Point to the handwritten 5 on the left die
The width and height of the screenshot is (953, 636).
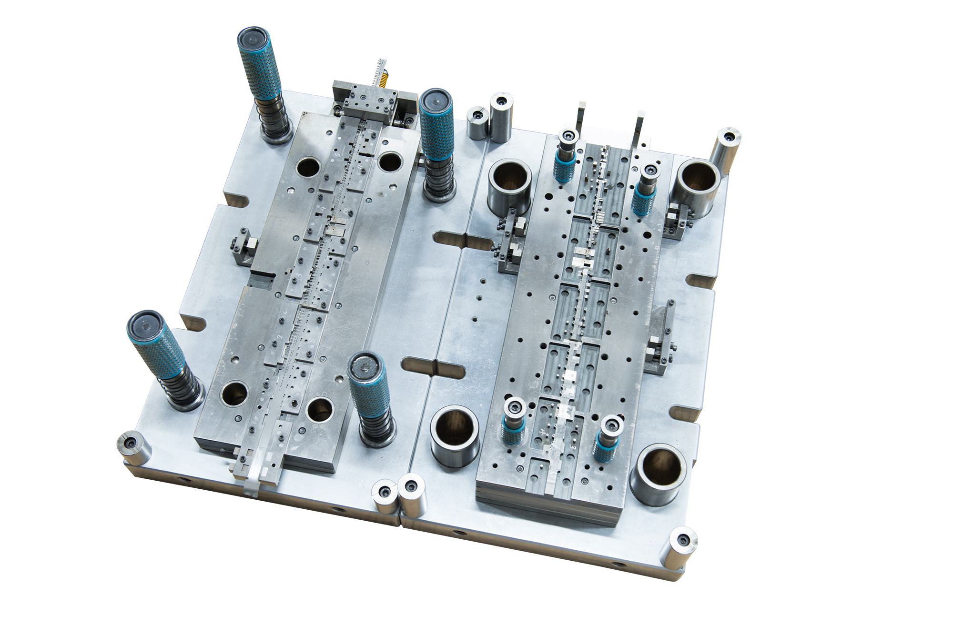pyautogui.click(x=338, y=155)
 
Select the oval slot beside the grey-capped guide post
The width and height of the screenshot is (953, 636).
pyautogui.click(x=434, y=367)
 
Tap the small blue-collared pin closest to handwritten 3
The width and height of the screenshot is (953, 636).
pyautogui.click(x=608, y=436)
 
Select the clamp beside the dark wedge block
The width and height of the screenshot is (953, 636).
pyautogui.click(x=660, y=353)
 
